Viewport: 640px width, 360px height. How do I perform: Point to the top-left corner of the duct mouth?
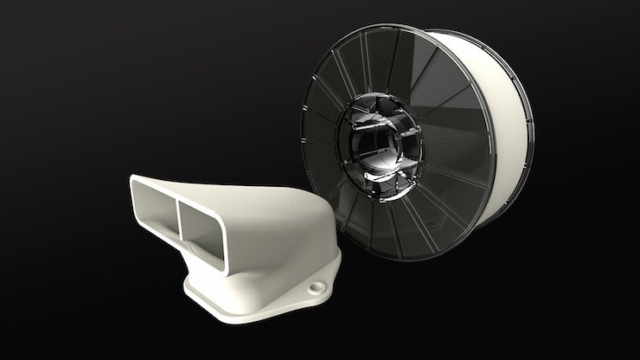coord(133,178)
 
